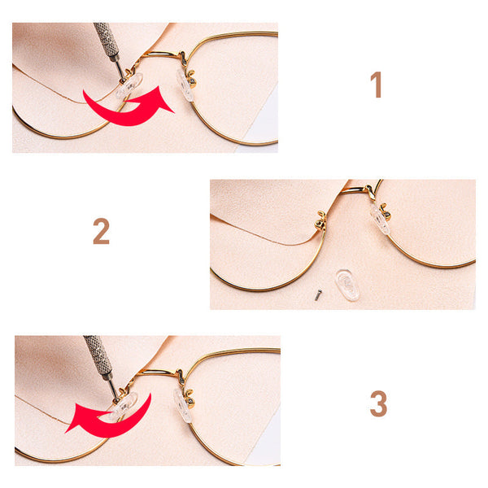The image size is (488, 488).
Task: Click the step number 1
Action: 377,85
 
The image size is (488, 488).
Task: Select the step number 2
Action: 101,231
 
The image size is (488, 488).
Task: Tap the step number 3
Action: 378,403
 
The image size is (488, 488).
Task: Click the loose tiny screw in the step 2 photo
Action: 317,295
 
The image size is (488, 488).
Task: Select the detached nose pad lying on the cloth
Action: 347,285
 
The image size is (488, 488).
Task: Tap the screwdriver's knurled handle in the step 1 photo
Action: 107,39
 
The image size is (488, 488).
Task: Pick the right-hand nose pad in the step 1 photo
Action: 185,85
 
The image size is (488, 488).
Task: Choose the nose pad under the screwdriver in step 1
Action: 129,85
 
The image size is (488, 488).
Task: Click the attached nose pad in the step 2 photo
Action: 380,219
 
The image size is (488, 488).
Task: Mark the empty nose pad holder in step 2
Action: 321,220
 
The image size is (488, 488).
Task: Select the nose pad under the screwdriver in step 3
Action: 124,406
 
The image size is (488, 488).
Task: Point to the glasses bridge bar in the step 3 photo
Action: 157,372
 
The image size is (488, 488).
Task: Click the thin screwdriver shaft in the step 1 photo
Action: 120,69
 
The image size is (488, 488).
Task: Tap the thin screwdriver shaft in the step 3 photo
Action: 113,388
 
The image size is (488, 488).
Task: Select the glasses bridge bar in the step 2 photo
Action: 355,190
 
